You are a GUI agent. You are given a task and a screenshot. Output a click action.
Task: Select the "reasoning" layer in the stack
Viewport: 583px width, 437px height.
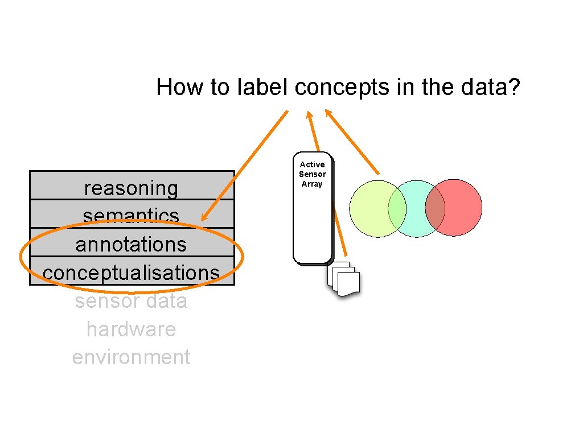pos(131,187)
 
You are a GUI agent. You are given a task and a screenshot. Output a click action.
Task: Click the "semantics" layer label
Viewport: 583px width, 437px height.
pos(131,215)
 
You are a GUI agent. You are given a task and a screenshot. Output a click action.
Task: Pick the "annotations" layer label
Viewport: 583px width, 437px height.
pos(131,244)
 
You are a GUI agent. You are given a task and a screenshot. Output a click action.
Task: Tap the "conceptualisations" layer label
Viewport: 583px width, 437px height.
pos(131,273)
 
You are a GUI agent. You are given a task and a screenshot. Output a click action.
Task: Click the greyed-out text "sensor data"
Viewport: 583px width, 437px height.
pos(131,300)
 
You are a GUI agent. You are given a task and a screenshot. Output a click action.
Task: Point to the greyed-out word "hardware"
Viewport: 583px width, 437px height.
pos(131,329)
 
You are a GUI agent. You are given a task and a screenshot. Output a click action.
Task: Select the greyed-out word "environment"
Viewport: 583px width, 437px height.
pos(131,357)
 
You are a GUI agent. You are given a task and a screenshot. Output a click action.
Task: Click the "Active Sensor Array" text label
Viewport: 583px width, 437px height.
pos(312,174)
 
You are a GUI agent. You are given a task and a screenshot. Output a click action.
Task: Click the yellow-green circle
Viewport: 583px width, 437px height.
pos(367,209)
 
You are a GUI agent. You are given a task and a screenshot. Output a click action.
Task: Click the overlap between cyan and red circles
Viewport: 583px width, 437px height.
pos(435,208)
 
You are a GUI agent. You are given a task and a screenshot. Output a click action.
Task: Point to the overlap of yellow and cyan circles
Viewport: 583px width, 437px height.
pos(397,208)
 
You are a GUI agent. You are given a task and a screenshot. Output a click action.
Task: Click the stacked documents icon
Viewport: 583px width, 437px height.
pos(344,279)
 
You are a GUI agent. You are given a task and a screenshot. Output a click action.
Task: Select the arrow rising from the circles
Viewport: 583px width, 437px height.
pos(353,142)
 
